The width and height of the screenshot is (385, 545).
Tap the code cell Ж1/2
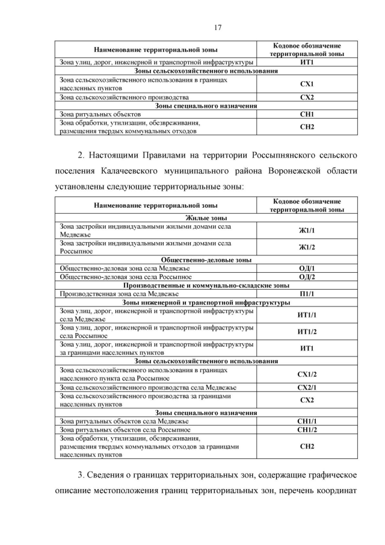307,248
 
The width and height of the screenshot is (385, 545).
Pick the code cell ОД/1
307,268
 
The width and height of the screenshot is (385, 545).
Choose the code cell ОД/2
307,276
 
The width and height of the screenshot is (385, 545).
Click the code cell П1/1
307,293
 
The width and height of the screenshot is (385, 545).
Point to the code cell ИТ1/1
307,315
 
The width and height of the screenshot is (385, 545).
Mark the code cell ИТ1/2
307,332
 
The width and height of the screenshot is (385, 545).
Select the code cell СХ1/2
307,374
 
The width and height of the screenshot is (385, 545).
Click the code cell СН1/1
307,421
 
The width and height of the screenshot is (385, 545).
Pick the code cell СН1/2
307,430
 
